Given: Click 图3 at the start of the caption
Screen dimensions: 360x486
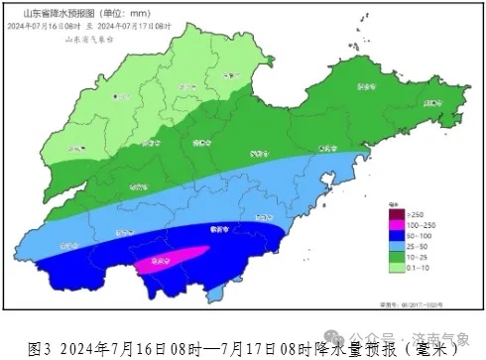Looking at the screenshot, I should click(41, 348).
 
